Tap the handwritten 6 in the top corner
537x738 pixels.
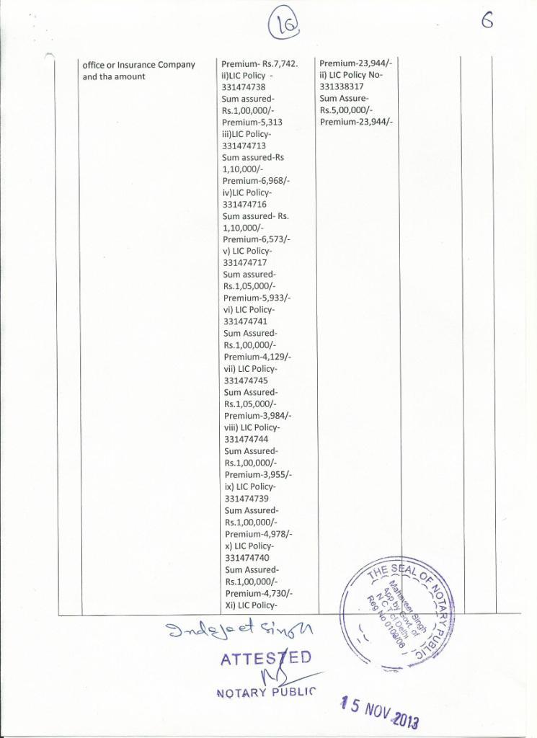pos(488,22)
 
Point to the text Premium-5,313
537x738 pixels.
pos(252,123)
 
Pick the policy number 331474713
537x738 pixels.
pos(244,146)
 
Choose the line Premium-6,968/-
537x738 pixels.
pos(257,181)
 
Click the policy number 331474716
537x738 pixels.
pos(244,205)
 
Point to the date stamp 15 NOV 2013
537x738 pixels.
pos(381,711)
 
